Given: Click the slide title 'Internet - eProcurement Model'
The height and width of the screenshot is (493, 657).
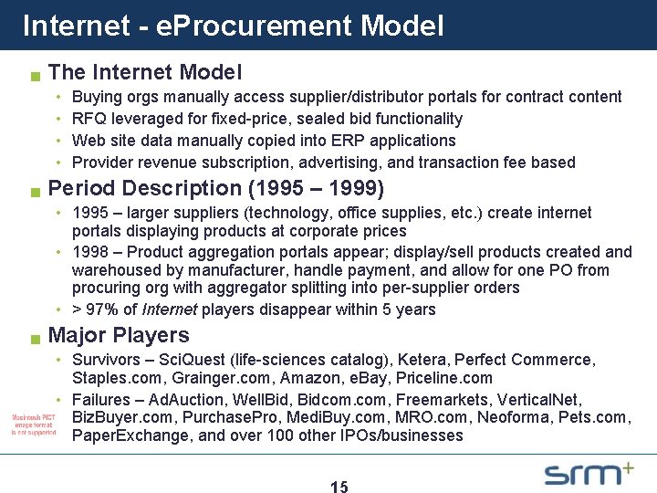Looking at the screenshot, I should [233, 25].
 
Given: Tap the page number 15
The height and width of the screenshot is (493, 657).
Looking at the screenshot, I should [339, 487].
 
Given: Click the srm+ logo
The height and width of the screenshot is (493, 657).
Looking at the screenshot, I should [589, 473].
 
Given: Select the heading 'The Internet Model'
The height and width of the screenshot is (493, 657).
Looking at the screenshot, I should [144, 71].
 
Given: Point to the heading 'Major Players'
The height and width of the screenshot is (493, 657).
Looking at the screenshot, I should [119, 335].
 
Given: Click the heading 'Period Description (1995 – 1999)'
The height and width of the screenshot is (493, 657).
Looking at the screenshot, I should [215, 188].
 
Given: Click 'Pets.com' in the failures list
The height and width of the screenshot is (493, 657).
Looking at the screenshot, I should [600, 418].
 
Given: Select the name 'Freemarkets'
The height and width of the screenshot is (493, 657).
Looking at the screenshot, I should [437, 400].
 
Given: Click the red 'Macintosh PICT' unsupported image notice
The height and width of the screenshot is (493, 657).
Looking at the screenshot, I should [33, 425].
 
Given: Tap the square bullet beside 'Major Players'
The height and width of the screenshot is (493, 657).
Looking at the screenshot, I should [34, 339].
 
